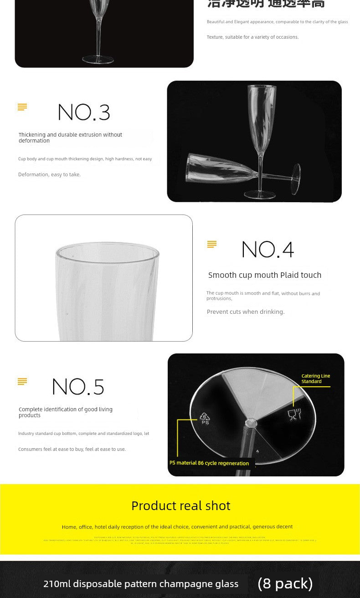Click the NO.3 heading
pos(84,112)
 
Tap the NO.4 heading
pos(267,250)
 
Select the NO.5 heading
pos(78,387)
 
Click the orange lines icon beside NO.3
pos(22,107)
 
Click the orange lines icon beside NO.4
pos(212,245)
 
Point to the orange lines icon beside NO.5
pos(22,382)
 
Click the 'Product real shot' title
pos(181,506)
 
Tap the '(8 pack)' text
pos(285,583)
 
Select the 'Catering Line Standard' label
pos(315,378)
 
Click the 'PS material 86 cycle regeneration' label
pos(209,463)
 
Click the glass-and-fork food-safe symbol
pos(294,414)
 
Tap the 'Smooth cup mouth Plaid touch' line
pos(265,275)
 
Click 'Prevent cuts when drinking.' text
pos(246,312)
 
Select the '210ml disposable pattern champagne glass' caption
pos(141,584)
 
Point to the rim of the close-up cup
pos(108,248)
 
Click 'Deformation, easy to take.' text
pos(49,174)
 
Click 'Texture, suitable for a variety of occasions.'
pos(252,37)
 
